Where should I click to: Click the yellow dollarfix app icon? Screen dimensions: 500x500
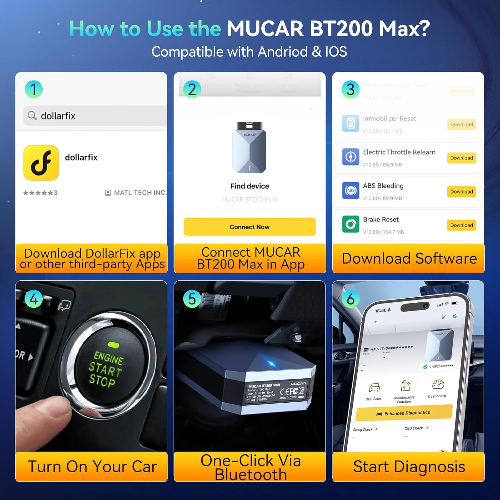click(41, 163)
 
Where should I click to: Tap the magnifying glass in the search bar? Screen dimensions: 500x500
click(32, 116)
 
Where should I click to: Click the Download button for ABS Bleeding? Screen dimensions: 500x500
click(461, 192)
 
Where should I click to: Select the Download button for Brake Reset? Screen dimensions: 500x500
click(461, 225)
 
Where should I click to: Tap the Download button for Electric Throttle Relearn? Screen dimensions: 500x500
click(461, 158)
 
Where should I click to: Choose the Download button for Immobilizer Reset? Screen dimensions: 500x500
click(461, 124)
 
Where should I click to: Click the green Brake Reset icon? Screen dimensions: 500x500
click(351, 224)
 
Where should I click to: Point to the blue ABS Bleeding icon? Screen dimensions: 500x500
click(351, 191)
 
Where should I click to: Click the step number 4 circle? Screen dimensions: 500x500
click(34, 299)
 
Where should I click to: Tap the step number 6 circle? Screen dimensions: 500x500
click(351, 299)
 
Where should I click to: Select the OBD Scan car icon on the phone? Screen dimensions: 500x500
click(374, 388)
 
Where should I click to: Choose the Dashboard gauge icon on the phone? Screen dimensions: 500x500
click(438, 384)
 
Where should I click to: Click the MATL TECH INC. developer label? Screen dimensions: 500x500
click(140, 193)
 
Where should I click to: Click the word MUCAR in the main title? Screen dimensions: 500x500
click(265, 29)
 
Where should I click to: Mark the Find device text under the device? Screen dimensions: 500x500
click(250, 186)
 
